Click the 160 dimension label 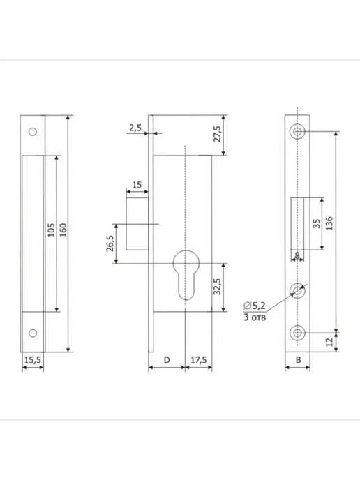(63, 230)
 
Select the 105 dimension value (51, 230)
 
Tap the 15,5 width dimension (33, 360)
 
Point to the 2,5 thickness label (135, 128)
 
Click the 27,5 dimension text (217, 134)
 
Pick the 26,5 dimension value (110, 243)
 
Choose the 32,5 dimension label (217, 287)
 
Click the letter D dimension (167, 360)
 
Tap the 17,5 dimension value (199, 360)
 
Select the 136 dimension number (329, 223)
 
